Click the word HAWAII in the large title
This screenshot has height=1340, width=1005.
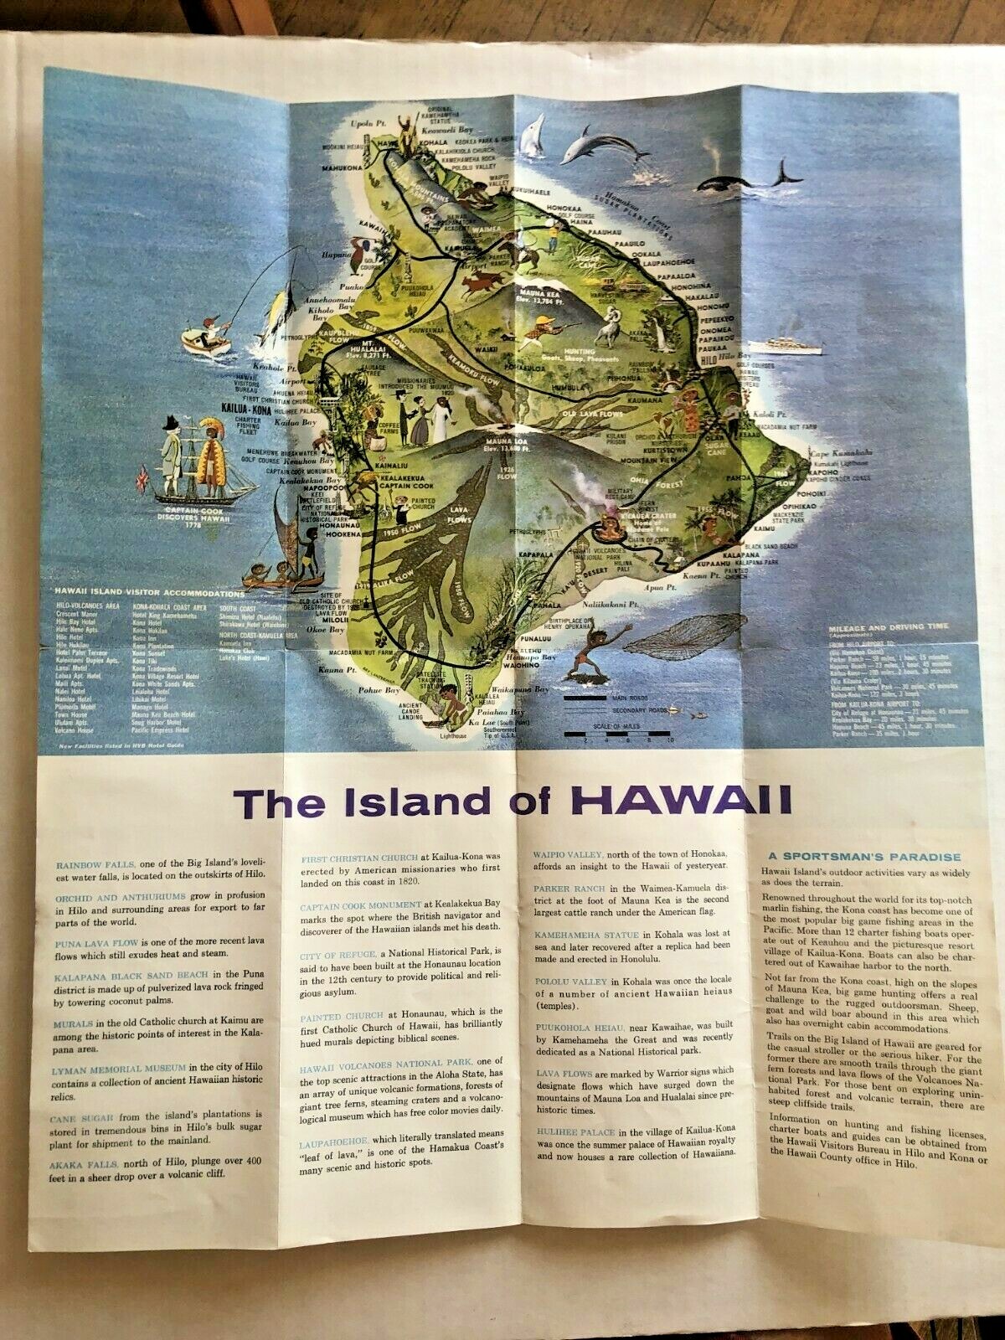click(x=684, y=800)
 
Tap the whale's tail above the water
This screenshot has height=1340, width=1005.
click(x=787, y=171)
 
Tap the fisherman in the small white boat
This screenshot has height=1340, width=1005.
click(x=211, y=328)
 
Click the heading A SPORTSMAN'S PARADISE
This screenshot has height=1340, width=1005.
click(x=863, y=856)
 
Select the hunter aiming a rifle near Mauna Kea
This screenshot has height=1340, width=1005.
click(x=549, y=329)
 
